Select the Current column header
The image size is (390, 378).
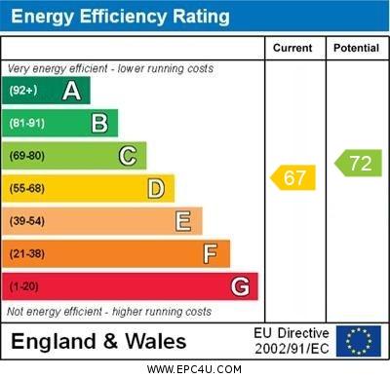click(x=292, y=48)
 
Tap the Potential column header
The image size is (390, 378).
click(x=356, y=48)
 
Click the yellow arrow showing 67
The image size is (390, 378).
click(x=293, y=177)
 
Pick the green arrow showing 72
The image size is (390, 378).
click(x=358, y=163)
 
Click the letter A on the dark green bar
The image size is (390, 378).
click(x=71, y=91)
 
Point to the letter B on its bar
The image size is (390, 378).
click(x=99, y=123)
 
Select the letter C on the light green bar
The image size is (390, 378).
click(x=128, y=156)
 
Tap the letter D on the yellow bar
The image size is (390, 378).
click(x=155, y=188)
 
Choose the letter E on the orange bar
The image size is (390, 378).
click(x=183, y=221)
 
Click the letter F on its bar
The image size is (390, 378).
click(x=211, y=254)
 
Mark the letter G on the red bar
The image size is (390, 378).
click(x=239, y=287)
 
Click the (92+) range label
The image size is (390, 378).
click(x=24, y=91)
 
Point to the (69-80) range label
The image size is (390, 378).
click(x=27, y=156)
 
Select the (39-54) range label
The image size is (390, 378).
click(x=27, y=221)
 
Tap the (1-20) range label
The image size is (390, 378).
click(x=24, y=287)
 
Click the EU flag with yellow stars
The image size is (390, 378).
click(x=358, y=341)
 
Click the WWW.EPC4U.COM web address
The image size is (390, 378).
click(x=195, y=369)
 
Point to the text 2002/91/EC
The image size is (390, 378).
click(x=292, y=349)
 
